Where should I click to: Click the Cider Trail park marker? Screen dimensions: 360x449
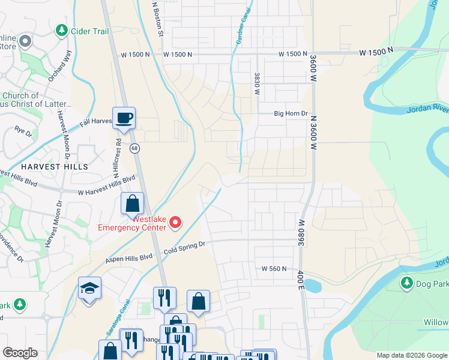61,30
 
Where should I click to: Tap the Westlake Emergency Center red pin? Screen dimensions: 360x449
175,223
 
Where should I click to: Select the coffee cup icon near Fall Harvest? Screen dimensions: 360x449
124,118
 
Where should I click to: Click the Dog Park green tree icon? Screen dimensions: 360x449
406,283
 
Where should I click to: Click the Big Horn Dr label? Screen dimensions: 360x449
291,113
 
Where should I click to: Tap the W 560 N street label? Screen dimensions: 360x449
273,269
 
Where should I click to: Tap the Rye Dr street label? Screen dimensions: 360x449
23,130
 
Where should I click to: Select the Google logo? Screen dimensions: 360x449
20,353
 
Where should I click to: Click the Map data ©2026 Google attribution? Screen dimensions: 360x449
412,355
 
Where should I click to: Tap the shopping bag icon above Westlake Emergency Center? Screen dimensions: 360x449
132,204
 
